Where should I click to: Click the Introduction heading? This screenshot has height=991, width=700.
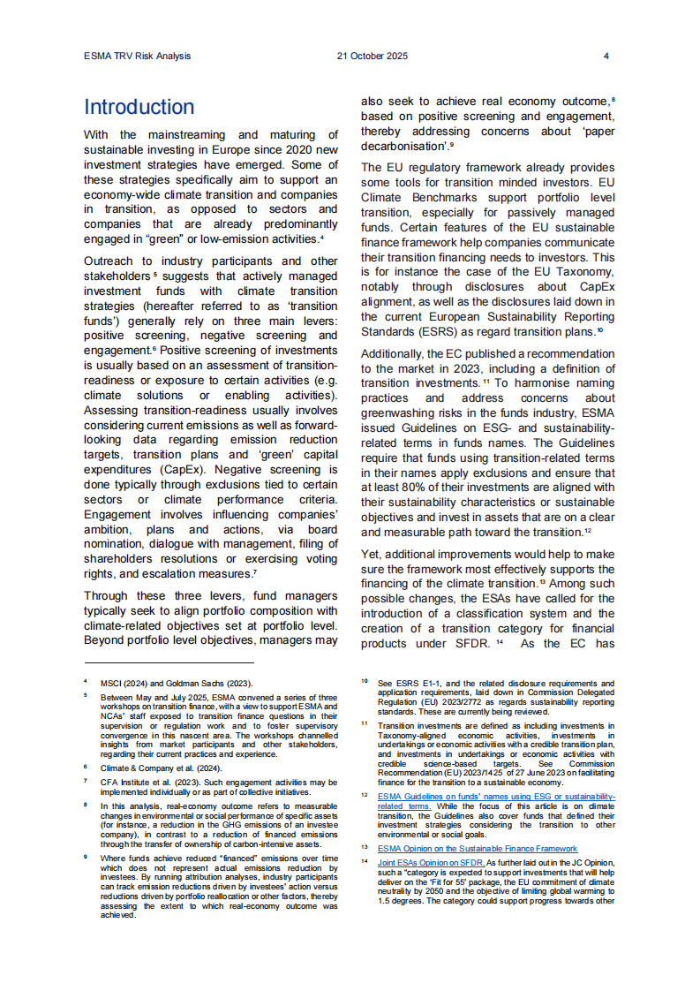coord(139,108)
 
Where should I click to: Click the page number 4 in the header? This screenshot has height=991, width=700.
coord(606,56)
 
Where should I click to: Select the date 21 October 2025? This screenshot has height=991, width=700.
coord(373,56)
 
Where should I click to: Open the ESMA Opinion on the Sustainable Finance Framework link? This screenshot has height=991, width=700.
coord(478,848)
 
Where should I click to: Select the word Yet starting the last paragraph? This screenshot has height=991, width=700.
coord(372,554)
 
